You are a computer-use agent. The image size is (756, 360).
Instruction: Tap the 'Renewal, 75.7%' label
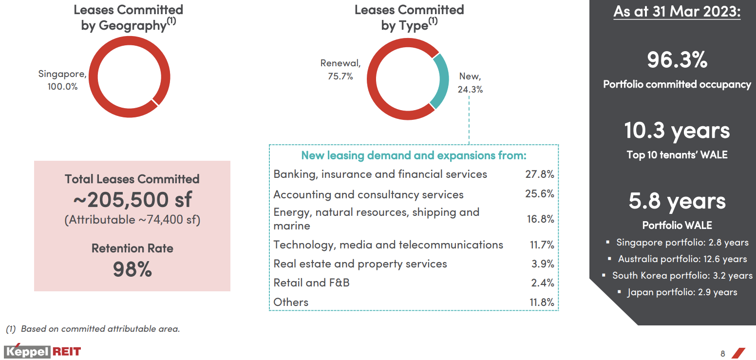pyautogui.click(x=340, y=70)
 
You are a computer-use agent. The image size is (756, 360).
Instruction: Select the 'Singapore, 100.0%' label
pyautogui.click(x=62, y=80)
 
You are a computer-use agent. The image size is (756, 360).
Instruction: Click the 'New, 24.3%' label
pyautogui.click(x=470, y=83)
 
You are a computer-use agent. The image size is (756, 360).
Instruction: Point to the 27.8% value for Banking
pyautogui.click(x=539, y=174)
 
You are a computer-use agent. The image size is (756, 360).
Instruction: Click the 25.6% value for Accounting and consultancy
pyautogui.click(x=539, y=194)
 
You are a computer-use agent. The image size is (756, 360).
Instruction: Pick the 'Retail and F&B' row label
pyautogui.click(x=311, y=283)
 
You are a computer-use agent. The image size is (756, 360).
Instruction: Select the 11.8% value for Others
pyautogui.click(x=542, y=302)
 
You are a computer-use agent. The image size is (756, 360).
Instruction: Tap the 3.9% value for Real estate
pyautogui.click(x=543, y=264)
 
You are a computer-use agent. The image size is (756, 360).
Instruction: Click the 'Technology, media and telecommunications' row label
pyautogui.click(x=388, y=245)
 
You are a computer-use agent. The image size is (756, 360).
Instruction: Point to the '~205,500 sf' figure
pyautogui.click(x=132, y=199)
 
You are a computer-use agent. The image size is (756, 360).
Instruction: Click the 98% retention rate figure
pyautogui.click(x=132, y=269)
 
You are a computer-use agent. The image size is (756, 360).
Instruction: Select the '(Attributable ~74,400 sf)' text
pyautogui.click(x=132, y=220)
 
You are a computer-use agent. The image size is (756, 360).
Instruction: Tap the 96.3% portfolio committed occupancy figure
pyautogui.click(x=677, y=60)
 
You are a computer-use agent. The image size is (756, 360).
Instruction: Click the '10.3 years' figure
pyautogui.click(x=677, y=131)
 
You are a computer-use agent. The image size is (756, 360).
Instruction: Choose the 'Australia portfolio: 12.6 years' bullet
pyautogui.click(x=682, y=259)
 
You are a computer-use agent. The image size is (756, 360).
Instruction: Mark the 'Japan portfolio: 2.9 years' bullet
pyautogui.click(x=682, y=292)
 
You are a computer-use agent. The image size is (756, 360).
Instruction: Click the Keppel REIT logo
pyautogui.click(x=42, y=352)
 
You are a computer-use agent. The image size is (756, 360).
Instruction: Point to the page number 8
pyautogui.click(x=723, y=353)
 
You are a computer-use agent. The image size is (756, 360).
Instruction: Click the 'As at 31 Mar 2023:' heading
pyautogui.click(x=677, y=12)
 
